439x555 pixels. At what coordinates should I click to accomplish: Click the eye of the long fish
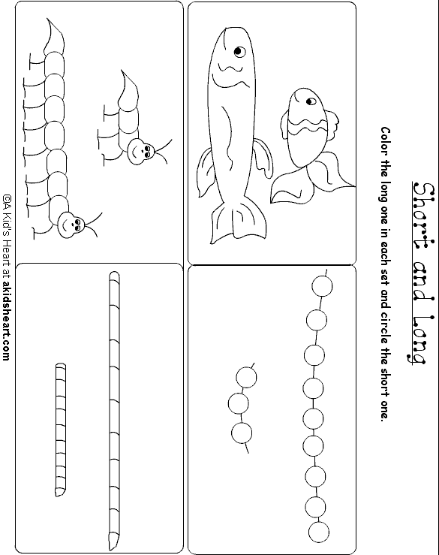(239, 52)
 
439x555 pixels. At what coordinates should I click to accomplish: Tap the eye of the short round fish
(311, 102)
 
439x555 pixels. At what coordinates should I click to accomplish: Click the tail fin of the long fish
(238, 224)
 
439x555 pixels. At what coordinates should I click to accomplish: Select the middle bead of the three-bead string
(238, 403)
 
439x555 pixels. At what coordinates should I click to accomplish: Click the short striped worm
(61, 430)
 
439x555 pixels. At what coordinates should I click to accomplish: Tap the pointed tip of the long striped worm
(113, 549)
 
